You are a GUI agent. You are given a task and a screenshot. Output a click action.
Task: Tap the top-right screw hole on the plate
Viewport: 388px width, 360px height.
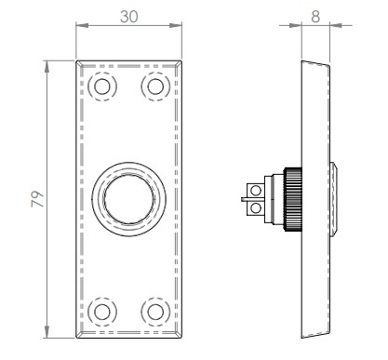pyautogui.click(x=153, y=87)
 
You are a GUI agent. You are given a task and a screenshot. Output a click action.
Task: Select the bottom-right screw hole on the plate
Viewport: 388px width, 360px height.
pyautogui.click(x=153, y=310)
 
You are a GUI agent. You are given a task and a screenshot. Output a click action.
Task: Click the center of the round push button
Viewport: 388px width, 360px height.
pyautogui.click(x=127, y=198)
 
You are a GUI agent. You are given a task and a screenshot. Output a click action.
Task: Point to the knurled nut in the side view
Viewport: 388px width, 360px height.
pyautogui.click(x=293, y=198)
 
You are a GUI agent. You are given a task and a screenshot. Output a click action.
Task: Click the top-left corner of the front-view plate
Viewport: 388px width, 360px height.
pyautogui.click(x=76, y=60)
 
